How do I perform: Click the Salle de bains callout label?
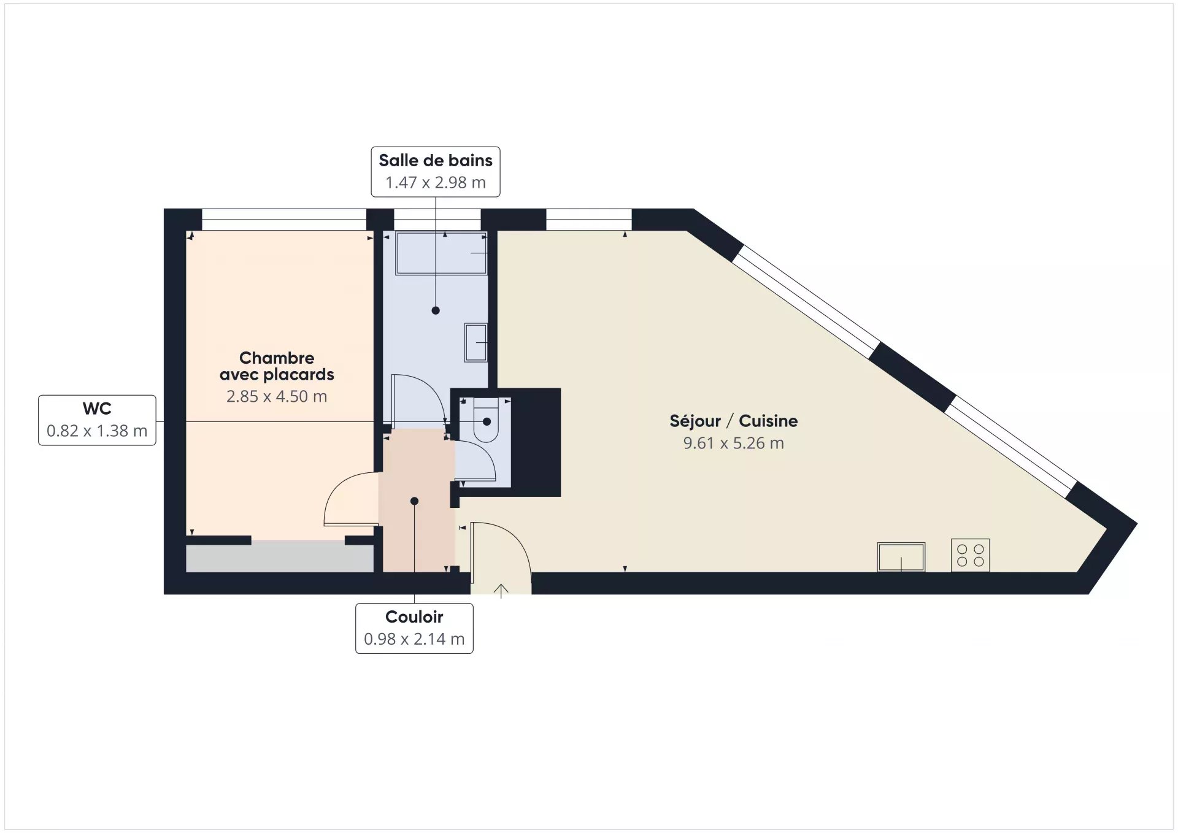436,172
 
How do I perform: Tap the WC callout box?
97,420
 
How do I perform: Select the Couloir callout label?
414,628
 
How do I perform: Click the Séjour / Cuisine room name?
734,421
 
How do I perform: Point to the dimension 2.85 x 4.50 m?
277,396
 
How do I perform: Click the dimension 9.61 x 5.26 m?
734,443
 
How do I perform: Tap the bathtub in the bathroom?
441,253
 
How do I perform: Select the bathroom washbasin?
475,342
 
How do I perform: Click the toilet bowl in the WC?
486,420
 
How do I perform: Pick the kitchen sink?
901,557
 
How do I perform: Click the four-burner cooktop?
970,555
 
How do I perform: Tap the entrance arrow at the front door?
501,590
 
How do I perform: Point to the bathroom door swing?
418,399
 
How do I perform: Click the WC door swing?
474,461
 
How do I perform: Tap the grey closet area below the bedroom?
280,558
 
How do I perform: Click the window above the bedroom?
284,219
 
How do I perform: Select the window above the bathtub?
437,219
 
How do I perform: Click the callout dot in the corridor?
414,501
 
